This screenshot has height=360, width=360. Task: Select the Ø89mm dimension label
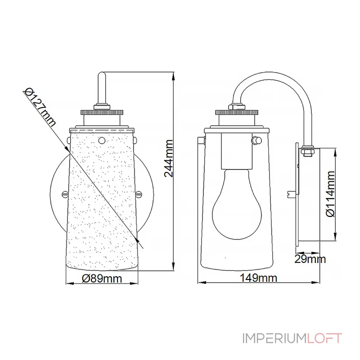tap(103, 279)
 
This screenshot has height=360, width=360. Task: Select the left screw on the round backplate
tap(63, 194)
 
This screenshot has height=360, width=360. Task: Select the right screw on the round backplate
tap(139, 194)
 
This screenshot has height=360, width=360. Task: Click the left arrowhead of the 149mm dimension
tap(201, 283)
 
